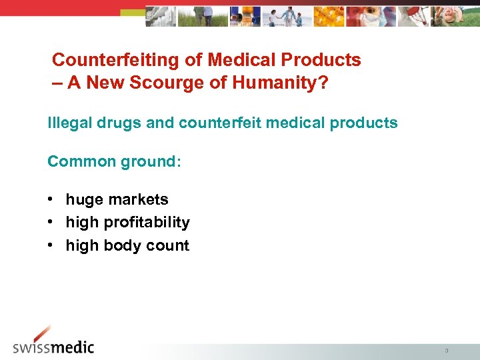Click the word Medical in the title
[x=242, y=60]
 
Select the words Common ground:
[x=114, y=161]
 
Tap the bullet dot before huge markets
[x=51, y=199]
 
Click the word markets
[x=138, y=199]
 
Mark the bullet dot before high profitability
[x=51, y=223]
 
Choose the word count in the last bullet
[x=168, y=245]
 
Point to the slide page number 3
[x=446, y=350]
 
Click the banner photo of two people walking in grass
[x=203, y=16]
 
